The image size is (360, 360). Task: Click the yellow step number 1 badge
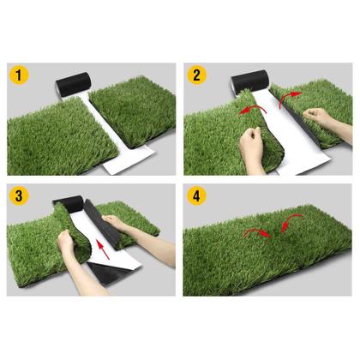coord(19,75)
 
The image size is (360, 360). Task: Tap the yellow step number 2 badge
coord(196,75)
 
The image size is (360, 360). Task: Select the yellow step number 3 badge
coord(19,196)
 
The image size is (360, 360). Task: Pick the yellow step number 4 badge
coord(196,196)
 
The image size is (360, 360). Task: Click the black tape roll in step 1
coord(74,85)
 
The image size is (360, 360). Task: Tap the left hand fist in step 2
coord(251,146)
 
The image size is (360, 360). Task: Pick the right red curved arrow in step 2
coord(288,98)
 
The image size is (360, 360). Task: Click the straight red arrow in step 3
coord(103,249)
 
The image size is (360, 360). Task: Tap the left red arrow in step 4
coord(257,232)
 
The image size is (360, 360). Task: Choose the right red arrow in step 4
coord(290,221)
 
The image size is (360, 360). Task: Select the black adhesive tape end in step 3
coord(105,274)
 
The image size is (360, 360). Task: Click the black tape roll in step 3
coord(69,204)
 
